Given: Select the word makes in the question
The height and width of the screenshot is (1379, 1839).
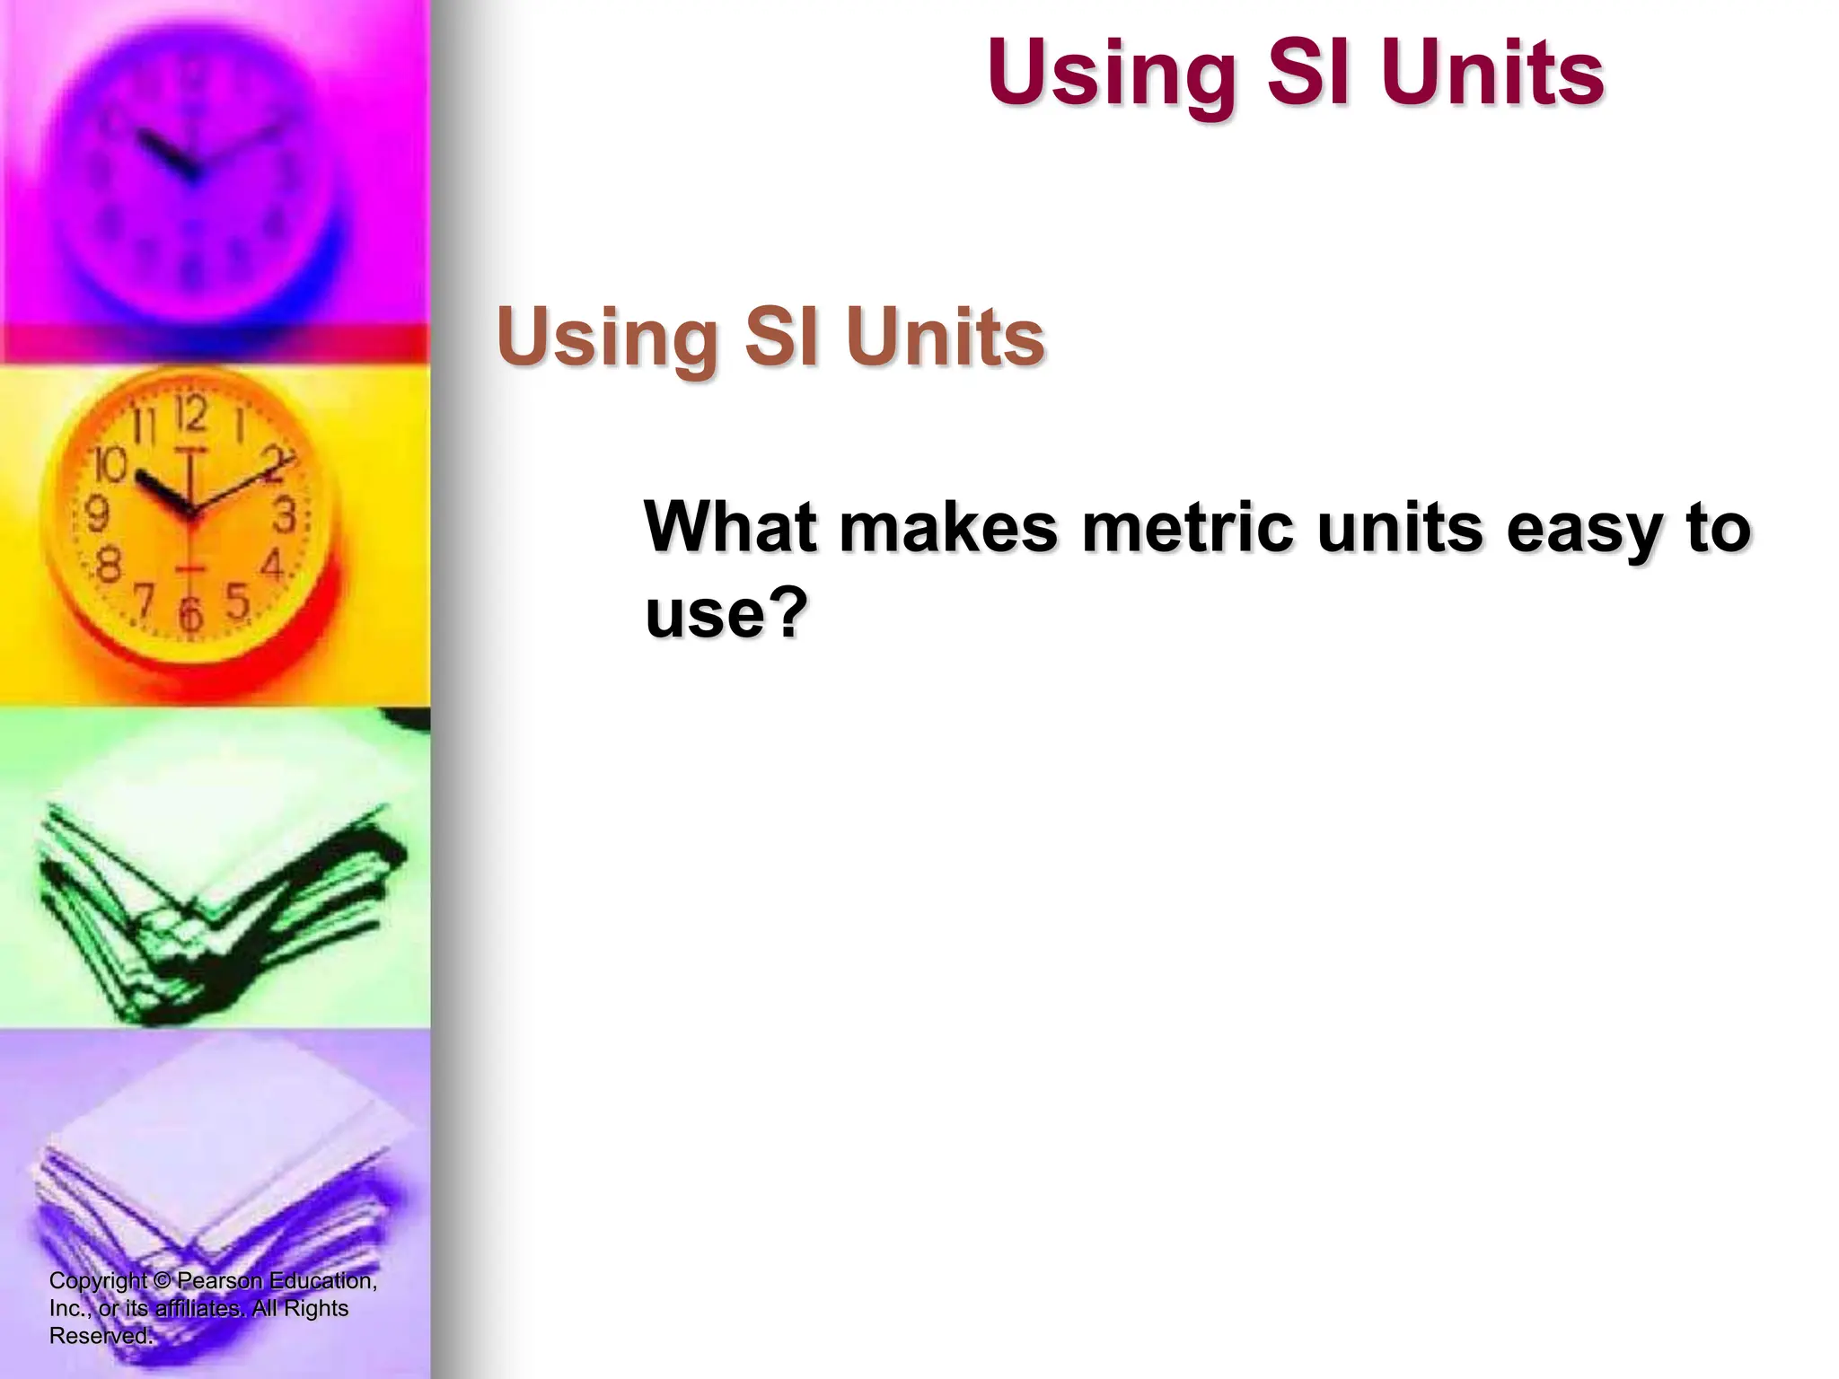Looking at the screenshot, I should click(949, 527).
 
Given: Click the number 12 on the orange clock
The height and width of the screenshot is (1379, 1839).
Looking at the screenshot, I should click(190, 415).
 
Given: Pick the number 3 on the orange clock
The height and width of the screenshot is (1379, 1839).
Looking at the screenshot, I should click(284, 516).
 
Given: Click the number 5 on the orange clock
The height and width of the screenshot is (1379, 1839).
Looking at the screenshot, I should click(237, 601).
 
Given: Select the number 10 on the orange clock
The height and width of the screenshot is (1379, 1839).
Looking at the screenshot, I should click(111, 464).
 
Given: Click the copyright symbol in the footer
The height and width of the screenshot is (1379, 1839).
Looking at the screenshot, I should click(162, 1280).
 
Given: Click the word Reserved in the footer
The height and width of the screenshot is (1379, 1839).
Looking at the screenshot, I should click(99, 1335).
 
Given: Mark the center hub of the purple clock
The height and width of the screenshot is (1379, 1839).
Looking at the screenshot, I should click(191, 175).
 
